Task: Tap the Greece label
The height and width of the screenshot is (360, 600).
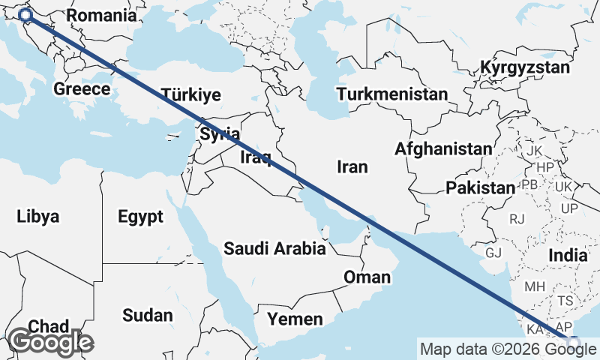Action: coord(82,89)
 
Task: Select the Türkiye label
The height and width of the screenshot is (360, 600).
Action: coord(191,95)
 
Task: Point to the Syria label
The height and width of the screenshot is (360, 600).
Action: coord(220,135)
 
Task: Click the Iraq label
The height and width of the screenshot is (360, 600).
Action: coord(255,157)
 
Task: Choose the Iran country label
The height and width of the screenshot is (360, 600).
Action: coord(352,166)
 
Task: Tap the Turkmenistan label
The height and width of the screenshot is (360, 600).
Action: coord(391,94)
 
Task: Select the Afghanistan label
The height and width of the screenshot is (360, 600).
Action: coord(444,149)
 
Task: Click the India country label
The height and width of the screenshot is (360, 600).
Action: coord(568,256)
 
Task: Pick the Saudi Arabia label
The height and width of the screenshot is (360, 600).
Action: coord(274,248)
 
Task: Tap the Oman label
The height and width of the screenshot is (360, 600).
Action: coord(367,277)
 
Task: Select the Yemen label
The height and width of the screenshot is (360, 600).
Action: coord(295,319)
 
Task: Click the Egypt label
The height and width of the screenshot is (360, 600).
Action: coord(140,217)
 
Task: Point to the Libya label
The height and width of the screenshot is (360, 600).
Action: coord(37,217)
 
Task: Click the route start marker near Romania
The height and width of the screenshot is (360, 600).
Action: coord(25,15)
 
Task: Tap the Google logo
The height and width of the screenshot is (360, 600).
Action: coord(50,342)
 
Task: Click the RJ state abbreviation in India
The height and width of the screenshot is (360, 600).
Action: coord(517,219)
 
